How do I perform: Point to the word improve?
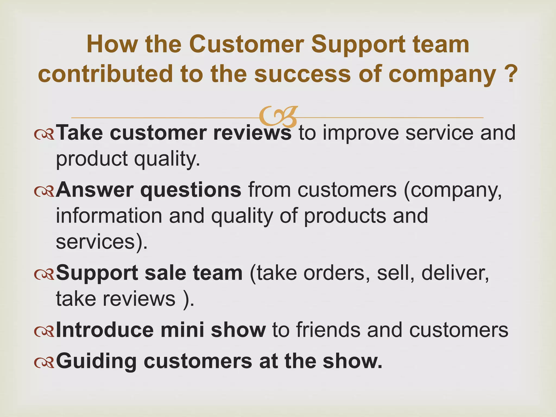(x=360, y=133)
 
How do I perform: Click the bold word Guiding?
(x=96, y=361)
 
